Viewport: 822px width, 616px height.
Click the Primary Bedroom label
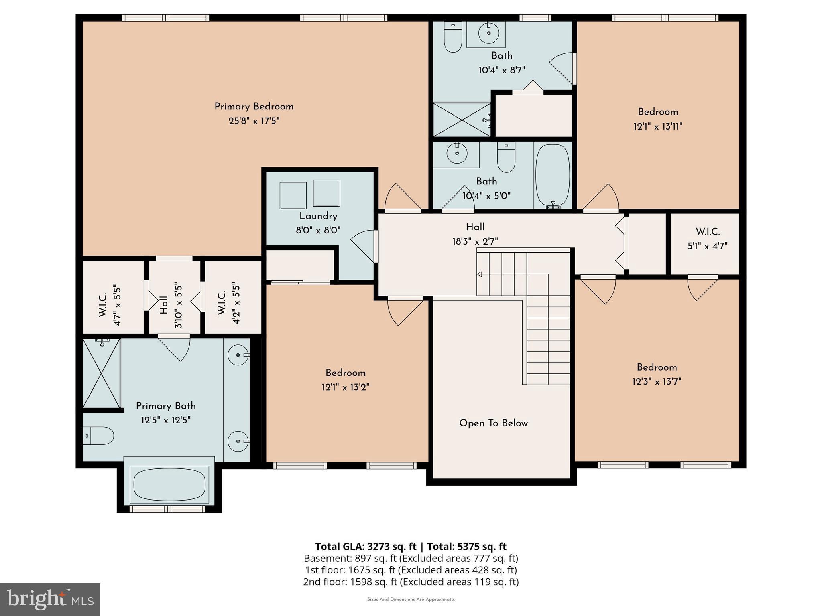click(x=254, y=107)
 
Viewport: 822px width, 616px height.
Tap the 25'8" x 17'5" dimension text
click(x=254, y=121)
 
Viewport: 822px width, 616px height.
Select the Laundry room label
click(x=318, y=216)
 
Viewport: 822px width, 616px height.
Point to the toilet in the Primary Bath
click(x=99, y=436)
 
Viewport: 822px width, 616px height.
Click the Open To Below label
click(x=493, y=423)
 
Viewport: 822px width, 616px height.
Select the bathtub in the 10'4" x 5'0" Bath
click(x=553, y=175)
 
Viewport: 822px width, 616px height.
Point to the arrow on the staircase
click(x=479, y=274)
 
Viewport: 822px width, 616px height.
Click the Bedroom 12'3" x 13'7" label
click(x=657, y=367)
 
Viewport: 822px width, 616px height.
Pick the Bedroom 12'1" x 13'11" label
click(x=658, y=112)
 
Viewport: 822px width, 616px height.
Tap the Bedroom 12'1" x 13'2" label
click(x=345, y=373)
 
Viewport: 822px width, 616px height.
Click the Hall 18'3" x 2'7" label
click(x=475, y=227)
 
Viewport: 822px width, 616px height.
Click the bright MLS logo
click(x=50, y=599)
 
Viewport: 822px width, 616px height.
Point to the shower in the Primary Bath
click(x=101, y=373)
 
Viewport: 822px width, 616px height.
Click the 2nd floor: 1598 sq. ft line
click(x=411, y=582)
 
